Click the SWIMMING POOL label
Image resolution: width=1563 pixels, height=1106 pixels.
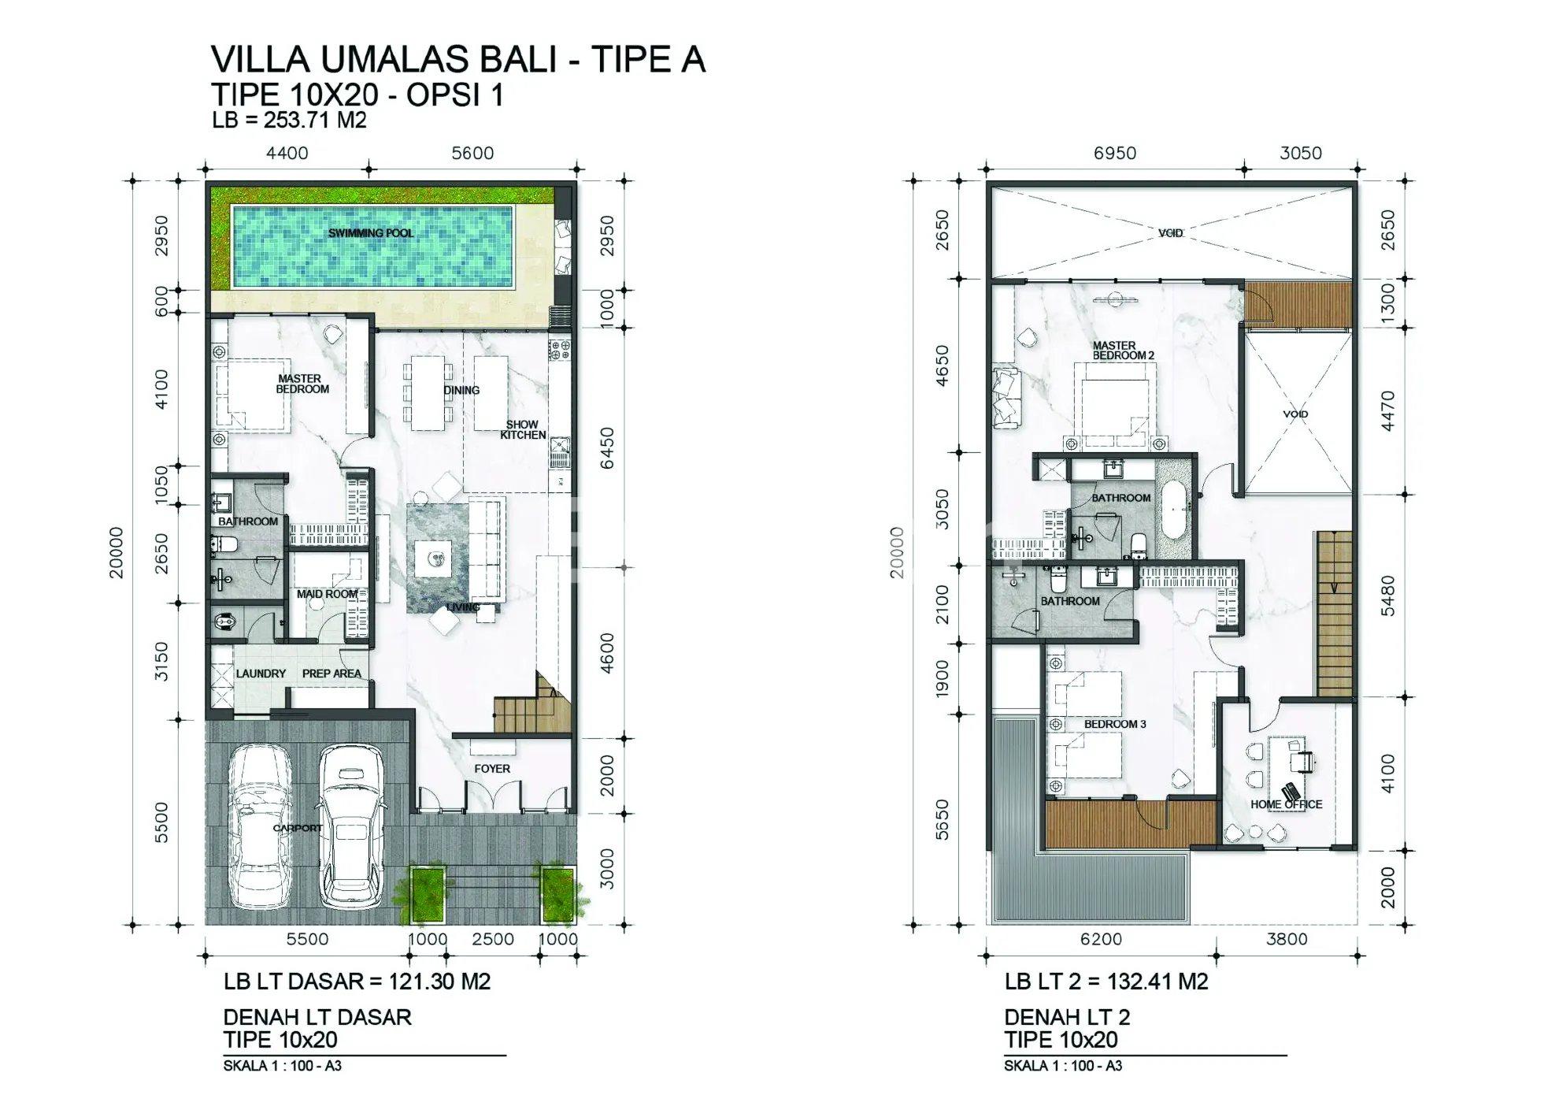pyautogui.click(x=371, y=233)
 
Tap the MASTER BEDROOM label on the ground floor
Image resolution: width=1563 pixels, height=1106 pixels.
pyautogui.click(x=302, y=384)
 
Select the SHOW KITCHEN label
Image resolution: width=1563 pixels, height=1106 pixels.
pyautogui.click(x=523, y=429)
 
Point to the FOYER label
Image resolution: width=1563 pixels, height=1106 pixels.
pyautogui.click(x=492, y=768)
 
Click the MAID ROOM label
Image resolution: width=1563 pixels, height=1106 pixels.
pyautogui.click(x=327, y=594)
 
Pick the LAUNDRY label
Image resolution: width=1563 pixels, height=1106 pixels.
pyautogui.click(x=261, y=674)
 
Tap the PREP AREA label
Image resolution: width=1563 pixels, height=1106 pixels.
pyautogui.click(x=331, y=674)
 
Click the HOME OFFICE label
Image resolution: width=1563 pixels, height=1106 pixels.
pyautogui.click(x=1287, y=804)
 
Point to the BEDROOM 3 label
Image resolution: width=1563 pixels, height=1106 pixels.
pyautogui.click(x=1115, y=724)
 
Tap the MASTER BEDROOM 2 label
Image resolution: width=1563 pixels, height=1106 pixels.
pyautogui.click(x=1123, y=351)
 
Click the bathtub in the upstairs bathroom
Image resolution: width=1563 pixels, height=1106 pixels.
pyautogui.click(x=1174, y=510)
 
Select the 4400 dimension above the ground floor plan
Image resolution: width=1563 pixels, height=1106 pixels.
pyautogui.click(x=287, y=153)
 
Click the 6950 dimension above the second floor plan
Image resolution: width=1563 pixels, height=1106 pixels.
pyautogui.click(x=1115, y=153)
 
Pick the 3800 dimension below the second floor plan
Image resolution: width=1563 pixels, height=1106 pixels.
pyautogui.click(x=1287, y=939)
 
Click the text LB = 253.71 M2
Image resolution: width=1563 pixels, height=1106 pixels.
pyautogui.click(x=289, y=121)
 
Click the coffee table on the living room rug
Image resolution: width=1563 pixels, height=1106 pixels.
pyautogui.click(x=434, y=559)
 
